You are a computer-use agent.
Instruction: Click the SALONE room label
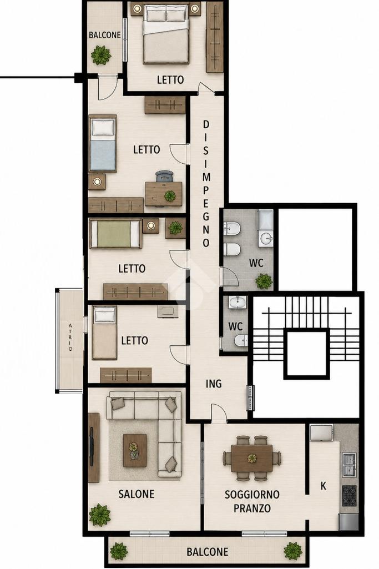137,494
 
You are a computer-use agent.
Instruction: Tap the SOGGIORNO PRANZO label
252,501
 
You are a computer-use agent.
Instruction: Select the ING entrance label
214,383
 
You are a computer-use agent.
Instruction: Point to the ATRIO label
70,338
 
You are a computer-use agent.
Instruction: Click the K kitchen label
323,486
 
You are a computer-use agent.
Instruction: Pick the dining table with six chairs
252,459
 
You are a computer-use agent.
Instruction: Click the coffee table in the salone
134,450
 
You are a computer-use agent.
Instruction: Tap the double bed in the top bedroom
166,34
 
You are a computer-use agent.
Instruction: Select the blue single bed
102,144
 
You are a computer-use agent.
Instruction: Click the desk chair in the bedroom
165,176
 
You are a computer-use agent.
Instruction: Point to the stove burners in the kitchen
349,496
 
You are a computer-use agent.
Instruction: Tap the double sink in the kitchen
349,464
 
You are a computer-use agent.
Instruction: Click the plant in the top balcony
101,55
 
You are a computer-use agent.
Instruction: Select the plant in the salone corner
100,515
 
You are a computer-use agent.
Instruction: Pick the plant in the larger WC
264,281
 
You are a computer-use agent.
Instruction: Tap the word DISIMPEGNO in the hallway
206,184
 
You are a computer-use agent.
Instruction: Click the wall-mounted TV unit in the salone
94,447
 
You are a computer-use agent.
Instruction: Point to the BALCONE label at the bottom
207,552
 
